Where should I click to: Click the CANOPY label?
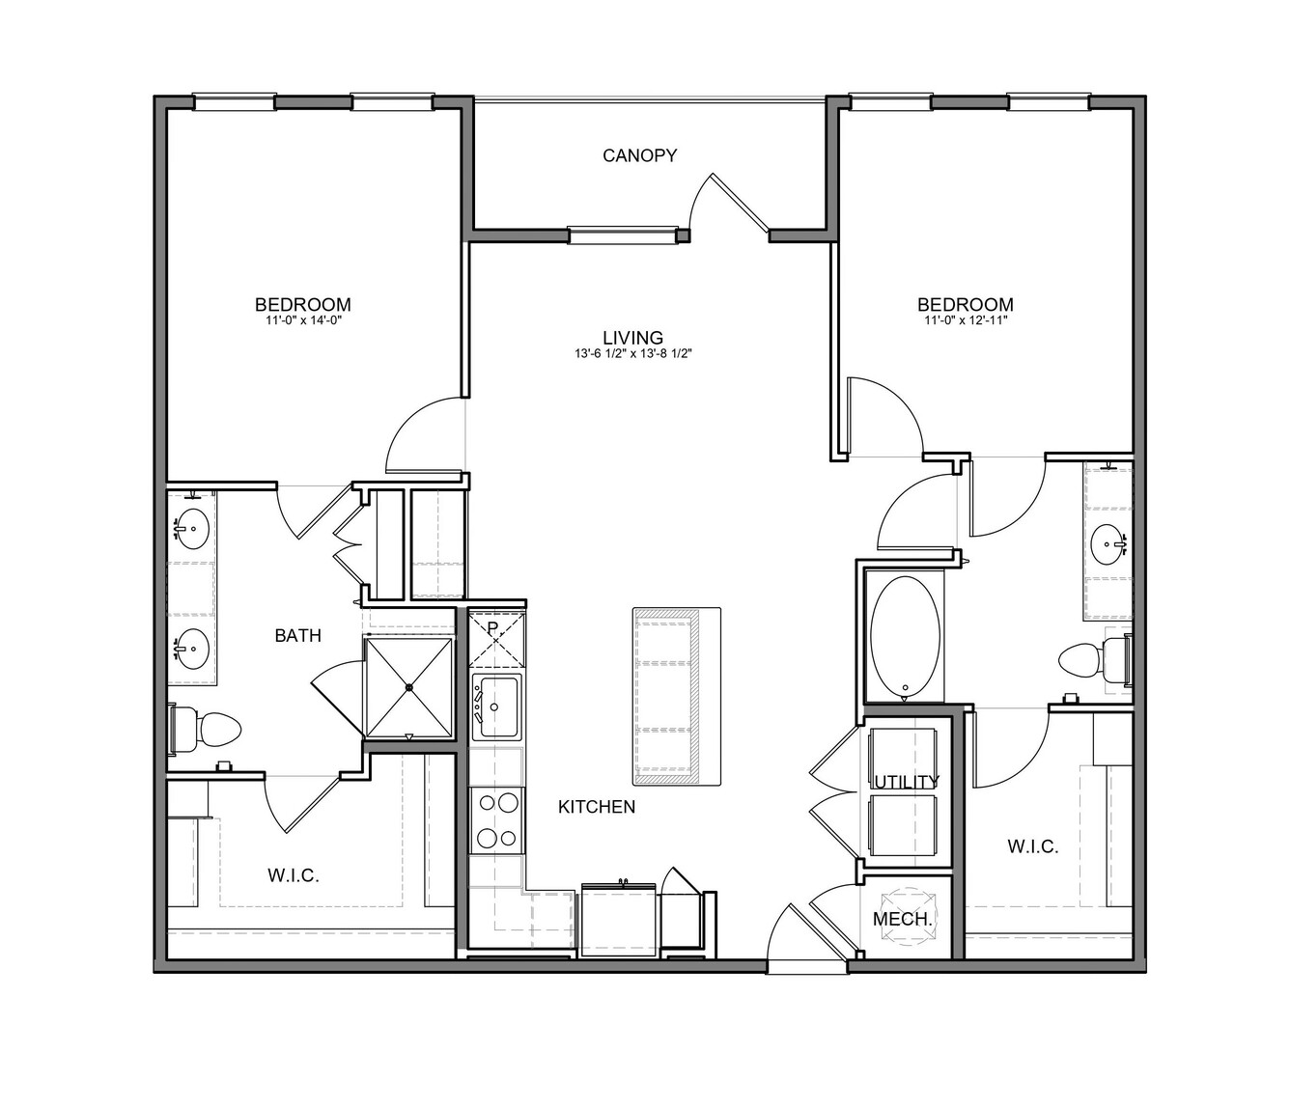pos(640,155)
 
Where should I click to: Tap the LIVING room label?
pos(632,338)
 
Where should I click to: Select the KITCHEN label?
pos(597,807)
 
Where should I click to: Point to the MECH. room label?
pos(903,919)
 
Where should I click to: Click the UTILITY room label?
pos(907,782)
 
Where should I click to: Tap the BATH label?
pos(298,636)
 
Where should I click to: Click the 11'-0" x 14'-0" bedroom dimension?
pos(302,321)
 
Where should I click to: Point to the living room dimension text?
pos(633,354)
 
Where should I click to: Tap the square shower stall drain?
pos(409,687)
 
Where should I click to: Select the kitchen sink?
pos(496,706)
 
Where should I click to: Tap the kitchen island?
pos(677,697)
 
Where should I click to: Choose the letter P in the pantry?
pos(493,627)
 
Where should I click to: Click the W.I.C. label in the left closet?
pos(294,875)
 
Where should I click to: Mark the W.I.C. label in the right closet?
pos(1033,846)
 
